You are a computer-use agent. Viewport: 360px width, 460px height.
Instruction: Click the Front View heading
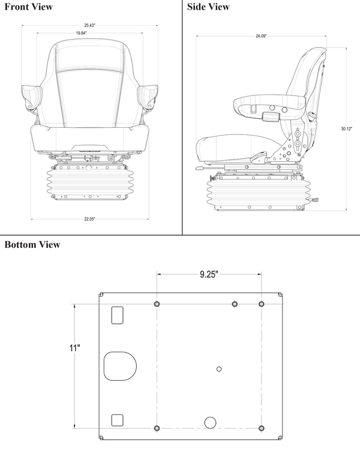pos(28,7)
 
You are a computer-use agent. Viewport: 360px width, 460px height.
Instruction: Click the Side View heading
pos(208,7)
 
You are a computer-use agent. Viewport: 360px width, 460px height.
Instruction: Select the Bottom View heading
pos(32,245)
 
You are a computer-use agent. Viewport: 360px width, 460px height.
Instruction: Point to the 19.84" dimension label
pos(81,33)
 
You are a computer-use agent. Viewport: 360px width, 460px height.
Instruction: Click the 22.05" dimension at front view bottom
pos(89,219)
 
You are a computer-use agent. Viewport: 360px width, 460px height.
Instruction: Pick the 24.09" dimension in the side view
pos(261,37)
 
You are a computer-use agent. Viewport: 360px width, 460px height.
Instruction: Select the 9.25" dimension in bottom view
pos(208,274)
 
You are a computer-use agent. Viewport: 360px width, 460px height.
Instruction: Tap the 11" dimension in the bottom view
pos(74,348)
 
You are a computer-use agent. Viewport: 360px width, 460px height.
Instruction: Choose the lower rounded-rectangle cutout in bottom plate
pos(117,419)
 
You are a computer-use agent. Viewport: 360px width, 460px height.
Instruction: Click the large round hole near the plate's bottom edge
pos(210,422)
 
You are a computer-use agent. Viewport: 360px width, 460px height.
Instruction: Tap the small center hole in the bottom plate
pos(219,368)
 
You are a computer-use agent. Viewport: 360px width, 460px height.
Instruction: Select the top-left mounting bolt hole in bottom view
pos(157,305)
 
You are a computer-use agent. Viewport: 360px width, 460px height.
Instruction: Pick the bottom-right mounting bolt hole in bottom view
pos(262,428)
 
